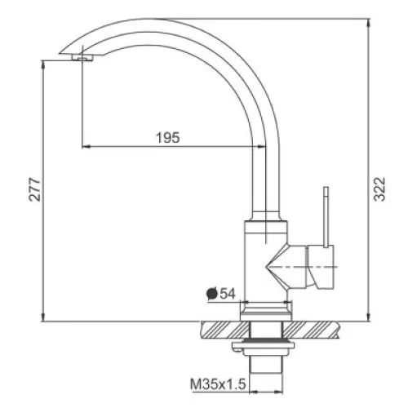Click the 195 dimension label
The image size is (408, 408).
168,138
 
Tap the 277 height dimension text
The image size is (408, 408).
35,189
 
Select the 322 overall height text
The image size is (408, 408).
379,189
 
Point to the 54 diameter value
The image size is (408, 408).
228,294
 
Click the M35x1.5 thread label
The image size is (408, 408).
218,384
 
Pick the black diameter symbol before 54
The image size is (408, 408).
212,294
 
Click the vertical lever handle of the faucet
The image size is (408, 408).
326,217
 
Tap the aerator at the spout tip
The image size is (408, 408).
82,57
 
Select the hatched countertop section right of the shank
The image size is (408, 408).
311,330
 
